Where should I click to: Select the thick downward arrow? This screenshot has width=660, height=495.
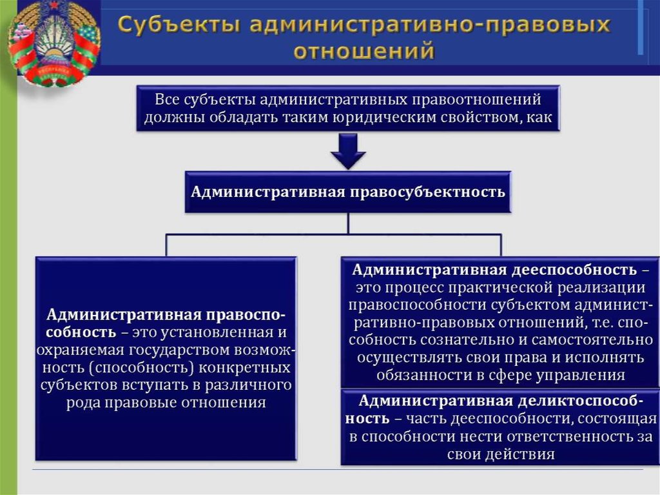(348, 152)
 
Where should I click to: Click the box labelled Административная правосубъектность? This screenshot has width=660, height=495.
(348, 192)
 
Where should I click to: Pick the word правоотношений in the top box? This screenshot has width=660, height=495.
(476, 99)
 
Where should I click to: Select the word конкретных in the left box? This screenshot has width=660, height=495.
(244, 368)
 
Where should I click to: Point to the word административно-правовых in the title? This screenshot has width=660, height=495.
(430, 25)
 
